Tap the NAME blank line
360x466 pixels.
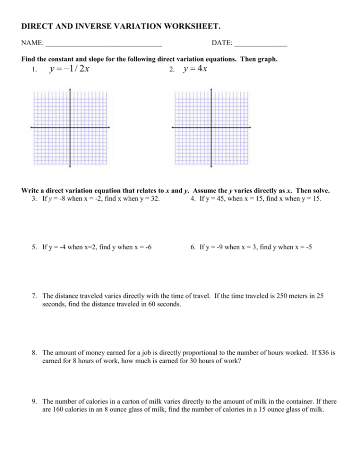[x=103, y=44]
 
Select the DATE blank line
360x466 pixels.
[x=261, y=44]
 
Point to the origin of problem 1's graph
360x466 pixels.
[x=70, y=127]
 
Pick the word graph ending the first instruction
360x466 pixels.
[x=268, y=60]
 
